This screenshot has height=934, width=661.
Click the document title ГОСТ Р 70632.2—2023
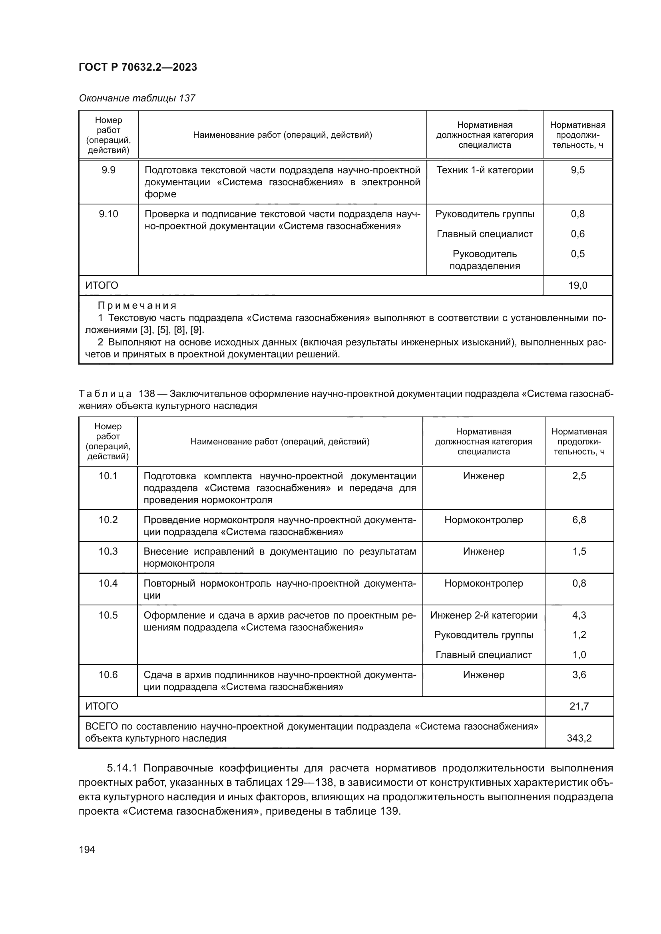click(x=137, y=67)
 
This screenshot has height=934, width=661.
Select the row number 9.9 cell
click(x=108, y=170)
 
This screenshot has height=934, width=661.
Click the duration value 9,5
click(x=577, y=170)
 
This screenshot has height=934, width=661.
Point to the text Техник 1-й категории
click(x=484, y=170)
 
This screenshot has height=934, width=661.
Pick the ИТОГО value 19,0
click(x=577, y=285)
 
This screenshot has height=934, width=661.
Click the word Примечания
click(x=137, y=305)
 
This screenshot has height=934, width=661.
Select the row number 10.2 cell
click(x=108, y=520)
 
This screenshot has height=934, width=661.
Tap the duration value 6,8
click(x=579, y=520)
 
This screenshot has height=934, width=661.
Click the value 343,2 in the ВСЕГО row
click(x=579, y=738)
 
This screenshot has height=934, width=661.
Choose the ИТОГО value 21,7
click(x=579, y=706)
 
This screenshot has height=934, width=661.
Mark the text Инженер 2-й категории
click(x=484, y=615)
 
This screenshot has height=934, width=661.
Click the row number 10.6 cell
click(x=108, y=674)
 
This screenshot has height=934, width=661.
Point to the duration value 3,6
click(x=579, y=674)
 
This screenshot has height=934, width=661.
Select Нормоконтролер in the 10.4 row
click(x=484, y=583)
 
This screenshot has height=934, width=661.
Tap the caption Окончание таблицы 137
click(x=137, y=98)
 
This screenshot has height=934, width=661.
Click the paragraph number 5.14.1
click(x=122, y=768)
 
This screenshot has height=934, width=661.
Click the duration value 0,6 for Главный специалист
click(x=577, y=234)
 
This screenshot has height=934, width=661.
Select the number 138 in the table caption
click(x=147, y=394)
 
